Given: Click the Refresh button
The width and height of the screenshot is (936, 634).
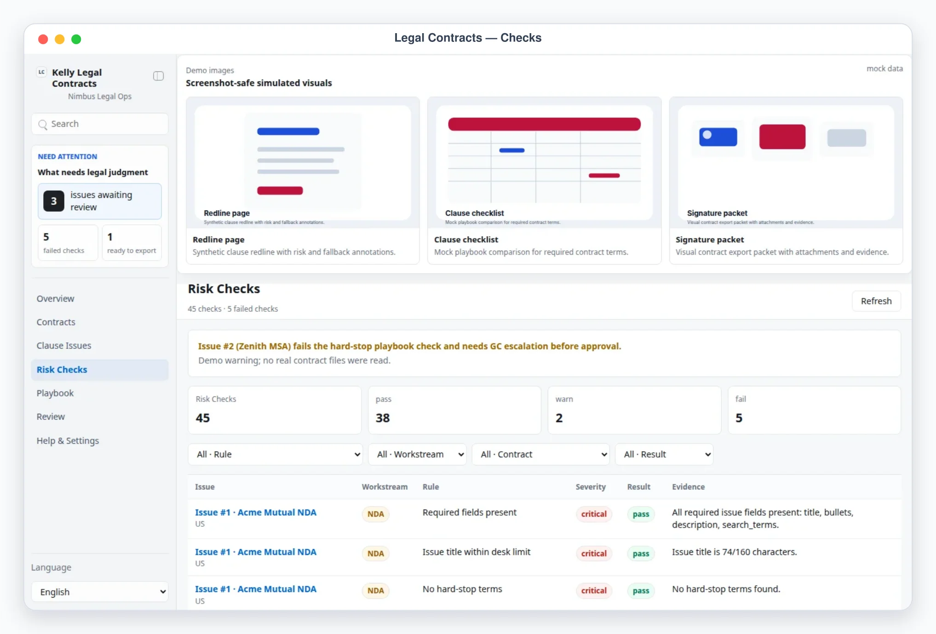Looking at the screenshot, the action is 876,301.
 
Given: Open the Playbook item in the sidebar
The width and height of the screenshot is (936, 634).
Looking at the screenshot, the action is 55,393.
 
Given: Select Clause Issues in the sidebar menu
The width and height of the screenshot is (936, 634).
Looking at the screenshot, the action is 64,346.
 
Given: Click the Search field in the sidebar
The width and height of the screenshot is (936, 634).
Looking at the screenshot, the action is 100,124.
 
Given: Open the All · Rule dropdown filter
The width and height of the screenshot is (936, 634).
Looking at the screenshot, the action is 275,454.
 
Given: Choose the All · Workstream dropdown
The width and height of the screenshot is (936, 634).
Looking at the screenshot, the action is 417,454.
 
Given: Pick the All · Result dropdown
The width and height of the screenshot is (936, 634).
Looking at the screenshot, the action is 664,454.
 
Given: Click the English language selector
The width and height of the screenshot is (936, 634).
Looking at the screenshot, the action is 100,592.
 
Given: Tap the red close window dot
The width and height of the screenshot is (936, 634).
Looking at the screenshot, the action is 43,39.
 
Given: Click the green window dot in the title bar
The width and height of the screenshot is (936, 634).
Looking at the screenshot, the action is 76,39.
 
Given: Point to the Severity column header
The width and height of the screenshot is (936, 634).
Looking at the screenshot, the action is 591,487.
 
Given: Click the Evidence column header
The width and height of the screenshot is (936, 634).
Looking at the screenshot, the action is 688,487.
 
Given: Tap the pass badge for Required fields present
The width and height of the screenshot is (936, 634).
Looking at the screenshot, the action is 641,514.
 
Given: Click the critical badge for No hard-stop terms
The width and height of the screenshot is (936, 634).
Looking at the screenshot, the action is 594,591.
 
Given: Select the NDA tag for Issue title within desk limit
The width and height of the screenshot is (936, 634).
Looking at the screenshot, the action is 375,554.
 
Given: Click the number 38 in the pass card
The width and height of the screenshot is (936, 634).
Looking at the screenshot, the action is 383,418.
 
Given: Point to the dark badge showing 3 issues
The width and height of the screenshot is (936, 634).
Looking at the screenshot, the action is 54,201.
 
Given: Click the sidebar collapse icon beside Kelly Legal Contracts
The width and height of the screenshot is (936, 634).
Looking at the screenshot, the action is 158,76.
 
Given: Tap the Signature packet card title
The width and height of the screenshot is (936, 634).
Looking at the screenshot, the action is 710,239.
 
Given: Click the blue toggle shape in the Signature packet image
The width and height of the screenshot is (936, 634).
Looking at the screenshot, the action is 718,137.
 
